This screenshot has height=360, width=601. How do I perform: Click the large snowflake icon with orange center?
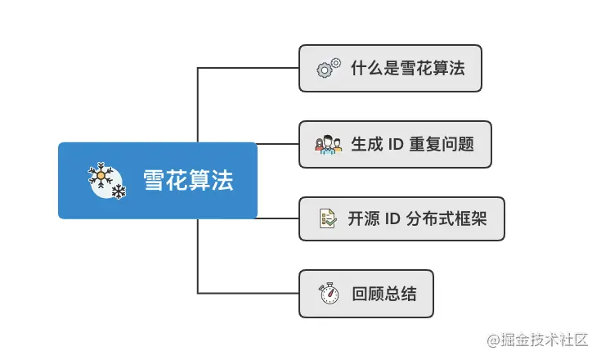coord(101,175)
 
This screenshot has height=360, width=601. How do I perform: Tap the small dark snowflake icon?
coord(119,191)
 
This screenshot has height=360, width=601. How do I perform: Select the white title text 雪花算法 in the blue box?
coord(188,180)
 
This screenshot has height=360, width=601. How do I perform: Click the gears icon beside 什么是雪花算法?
coord(329,68)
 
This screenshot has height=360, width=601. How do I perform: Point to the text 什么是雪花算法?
coord(408,68)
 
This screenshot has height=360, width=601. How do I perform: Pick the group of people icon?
coord(329,145)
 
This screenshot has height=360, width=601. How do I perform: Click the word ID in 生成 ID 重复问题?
coord(396,144)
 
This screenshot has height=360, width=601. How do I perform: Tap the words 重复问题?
coord(442,144)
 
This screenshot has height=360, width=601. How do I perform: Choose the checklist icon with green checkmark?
coord(328,218)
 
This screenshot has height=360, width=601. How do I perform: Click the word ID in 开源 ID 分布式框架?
coord(392,218)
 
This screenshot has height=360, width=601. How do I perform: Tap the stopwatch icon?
coord(329,293)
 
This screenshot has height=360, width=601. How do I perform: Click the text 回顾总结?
coord(384,294)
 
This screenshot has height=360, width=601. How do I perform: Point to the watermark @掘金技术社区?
coord(537,340)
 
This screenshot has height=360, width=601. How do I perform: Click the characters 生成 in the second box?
coord(367,144)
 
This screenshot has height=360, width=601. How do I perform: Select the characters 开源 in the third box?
coord(364,218)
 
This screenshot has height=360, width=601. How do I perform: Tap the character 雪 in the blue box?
coord(155,180)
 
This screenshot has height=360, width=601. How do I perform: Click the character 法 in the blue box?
coord(222,180)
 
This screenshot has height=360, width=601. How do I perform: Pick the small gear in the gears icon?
coord(336,62)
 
